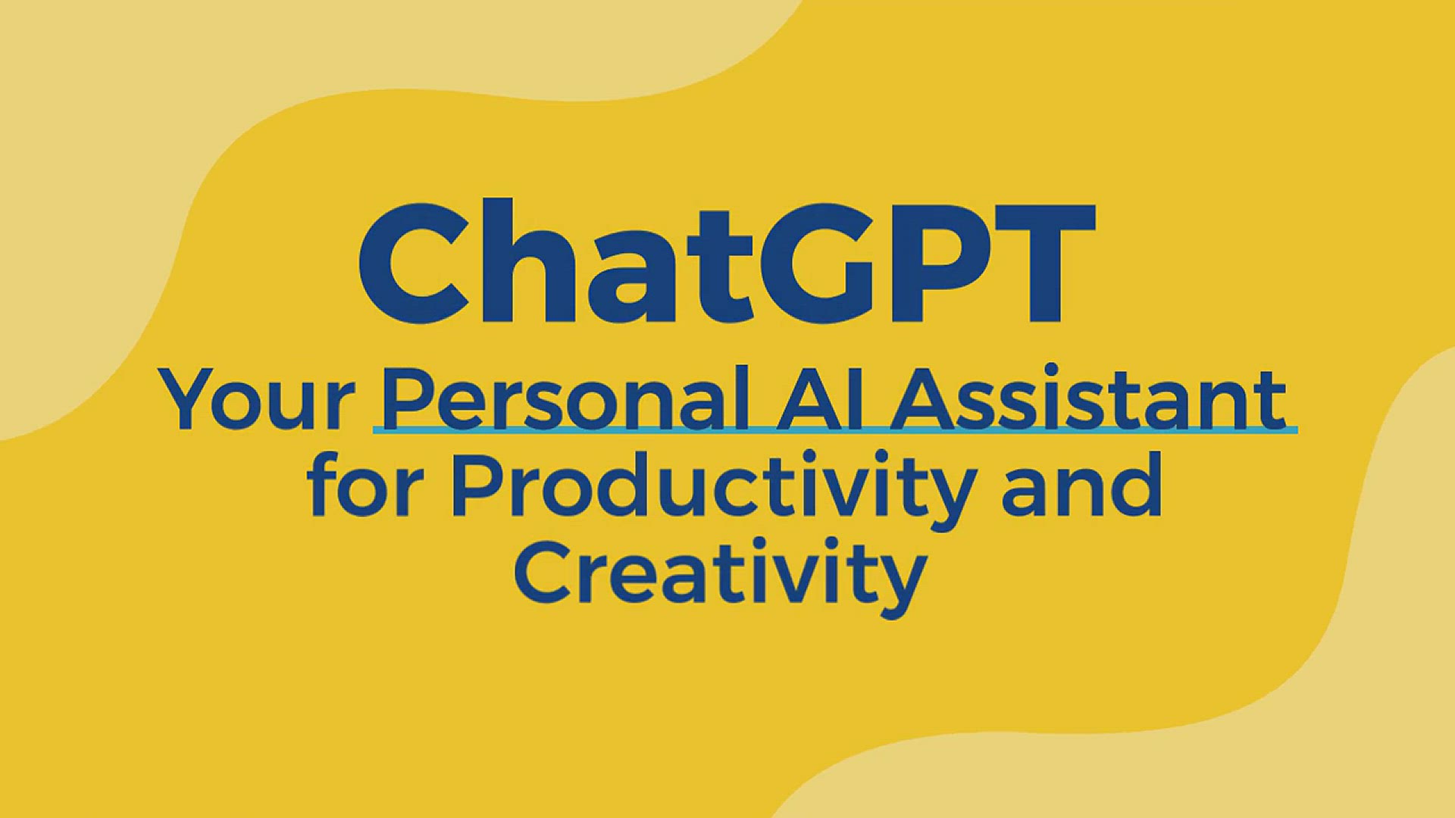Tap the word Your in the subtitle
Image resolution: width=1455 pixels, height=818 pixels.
tap(256, 400)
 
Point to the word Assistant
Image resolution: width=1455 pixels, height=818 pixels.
tap(1090, 398)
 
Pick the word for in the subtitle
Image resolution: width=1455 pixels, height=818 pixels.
tap(364, 485)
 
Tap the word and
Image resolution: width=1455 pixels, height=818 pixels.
tap(1081, 485)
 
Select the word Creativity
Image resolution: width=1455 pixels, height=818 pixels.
tap(720, 574)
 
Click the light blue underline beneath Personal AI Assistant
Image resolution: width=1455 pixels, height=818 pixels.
tap(834, 430)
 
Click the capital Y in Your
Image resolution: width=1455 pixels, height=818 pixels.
tap(189, 398)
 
